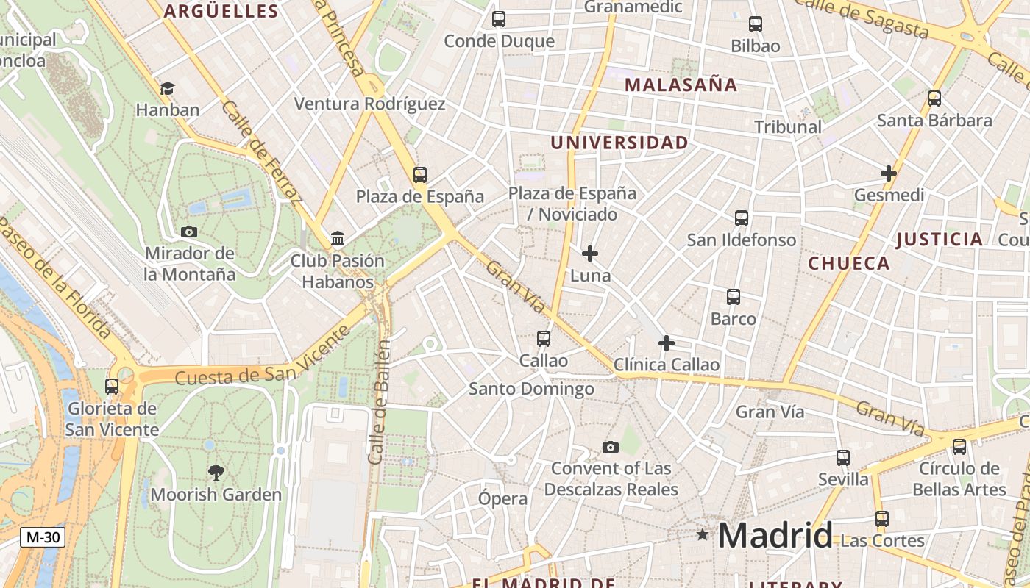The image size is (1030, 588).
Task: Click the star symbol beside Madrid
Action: point(703,535)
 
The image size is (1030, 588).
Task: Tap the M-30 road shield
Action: point(43,537)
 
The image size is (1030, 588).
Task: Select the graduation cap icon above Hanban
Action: point(167,89)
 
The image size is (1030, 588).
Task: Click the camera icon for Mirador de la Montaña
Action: point(189,232)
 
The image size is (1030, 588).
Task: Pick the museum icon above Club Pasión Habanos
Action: point(338,239)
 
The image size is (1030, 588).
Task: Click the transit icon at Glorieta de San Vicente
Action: point(112,387)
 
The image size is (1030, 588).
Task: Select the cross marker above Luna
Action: point(590,254)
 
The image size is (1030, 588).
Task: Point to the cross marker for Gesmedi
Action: point(889,174)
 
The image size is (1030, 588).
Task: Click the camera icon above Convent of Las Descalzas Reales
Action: point(610,447)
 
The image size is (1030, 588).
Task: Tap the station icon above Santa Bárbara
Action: point(934,98)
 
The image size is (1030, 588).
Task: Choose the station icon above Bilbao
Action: point(756,24)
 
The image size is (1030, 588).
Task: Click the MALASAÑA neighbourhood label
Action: point(681,85)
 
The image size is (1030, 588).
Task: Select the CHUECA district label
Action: point(848,263)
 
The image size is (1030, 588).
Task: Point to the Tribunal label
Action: point(788,127)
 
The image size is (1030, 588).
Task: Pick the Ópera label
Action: point(503,498)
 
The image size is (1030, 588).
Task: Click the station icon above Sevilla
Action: point(843,458)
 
